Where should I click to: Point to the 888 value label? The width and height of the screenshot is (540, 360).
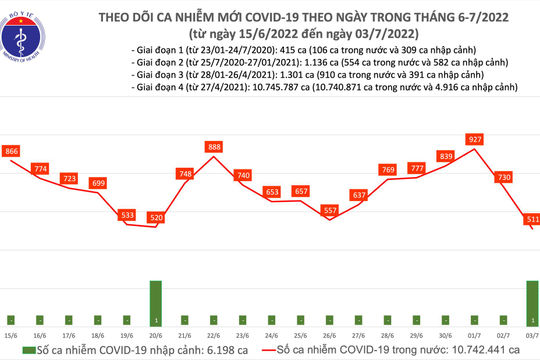click(x=213, y=147)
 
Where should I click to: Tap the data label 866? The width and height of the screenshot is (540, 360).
click(x=12, y=150)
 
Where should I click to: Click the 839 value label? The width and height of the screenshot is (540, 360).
click(x=444, y=156)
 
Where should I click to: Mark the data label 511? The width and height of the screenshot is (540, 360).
click(x=532, y=218)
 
